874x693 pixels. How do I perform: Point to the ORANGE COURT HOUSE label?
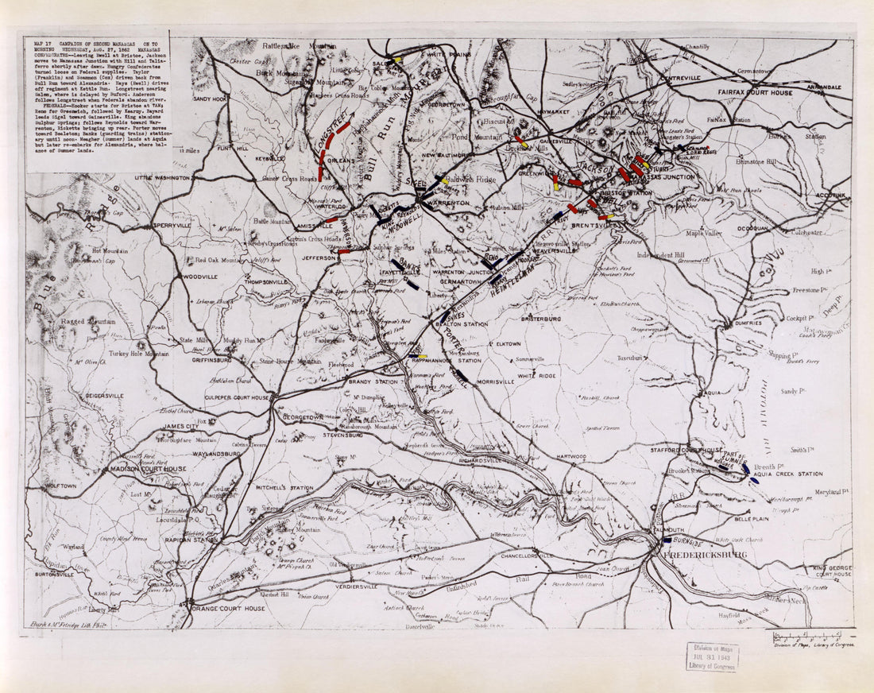tap(229, 608)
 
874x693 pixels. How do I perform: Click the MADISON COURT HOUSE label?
tap(149, 469)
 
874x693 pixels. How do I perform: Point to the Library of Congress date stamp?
tap(712, 656)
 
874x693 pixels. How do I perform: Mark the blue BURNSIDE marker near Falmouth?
tap(667, 540)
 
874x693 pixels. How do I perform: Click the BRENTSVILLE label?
tap(594, 226)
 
